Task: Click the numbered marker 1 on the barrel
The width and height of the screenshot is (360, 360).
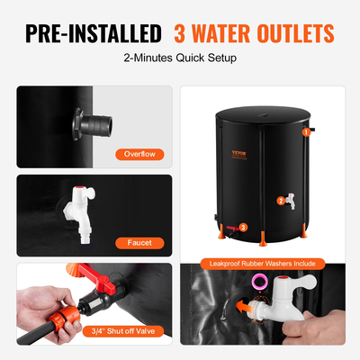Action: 307,132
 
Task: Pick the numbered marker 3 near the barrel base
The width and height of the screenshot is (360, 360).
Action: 243,228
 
